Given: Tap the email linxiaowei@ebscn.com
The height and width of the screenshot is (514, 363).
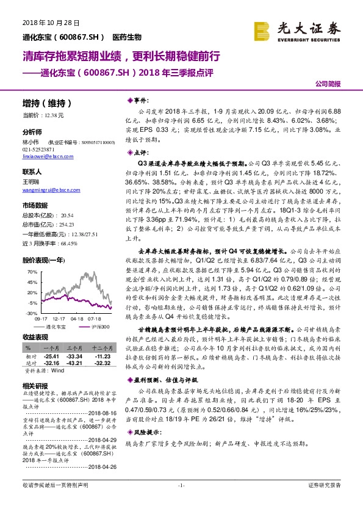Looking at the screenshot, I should [x=46, y=156].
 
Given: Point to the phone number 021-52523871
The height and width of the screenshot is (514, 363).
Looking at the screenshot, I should [x=37, y=149].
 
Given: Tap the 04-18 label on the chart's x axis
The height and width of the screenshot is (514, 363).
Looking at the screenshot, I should [x=77, y=318].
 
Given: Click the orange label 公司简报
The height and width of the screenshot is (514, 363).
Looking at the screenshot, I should [x=327, y=83].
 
